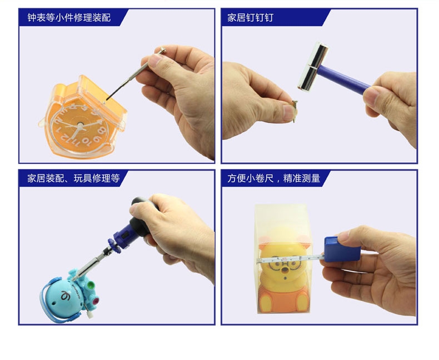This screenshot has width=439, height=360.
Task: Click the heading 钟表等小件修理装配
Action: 69,18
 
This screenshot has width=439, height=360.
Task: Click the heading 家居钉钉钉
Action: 250,18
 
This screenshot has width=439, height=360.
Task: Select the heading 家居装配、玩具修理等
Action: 73,178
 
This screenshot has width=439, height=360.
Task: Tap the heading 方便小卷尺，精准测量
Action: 273,178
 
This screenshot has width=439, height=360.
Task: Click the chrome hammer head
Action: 313,66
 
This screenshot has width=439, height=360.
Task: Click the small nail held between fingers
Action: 295,112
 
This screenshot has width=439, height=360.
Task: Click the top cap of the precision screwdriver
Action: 162,51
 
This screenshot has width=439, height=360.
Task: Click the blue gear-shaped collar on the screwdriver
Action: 114,246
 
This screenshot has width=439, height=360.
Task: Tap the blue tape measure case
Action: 342,249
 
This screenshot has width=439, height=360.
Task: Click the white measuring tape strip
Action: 291,259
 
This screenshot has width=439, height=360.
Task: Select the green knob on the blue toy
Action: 90,286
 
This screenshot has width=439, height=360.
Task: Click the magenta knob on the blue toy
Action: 96,302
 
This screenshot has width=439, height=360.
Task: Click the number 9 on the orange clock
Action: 97,139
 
